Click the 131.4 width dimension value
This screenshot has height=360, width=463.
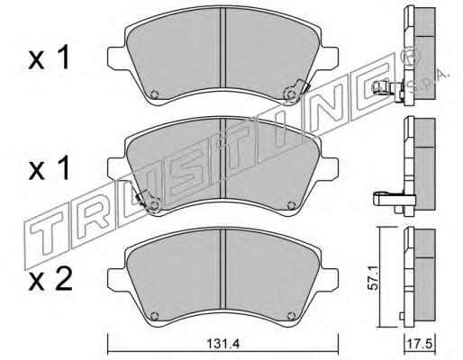pyautogui.click(x=223, y=344)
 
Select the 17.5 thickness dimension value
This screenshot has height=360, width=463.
pyautogui.click(x=419, y=344)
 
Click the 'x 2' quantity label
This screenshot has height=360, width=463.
pyautogui.click(x=50, y=279)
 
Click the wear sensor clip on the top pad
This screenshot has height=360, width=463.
pyautogui.click(x=296, y=90)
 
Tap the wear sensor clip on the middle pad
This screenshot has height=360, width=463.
pyautogui.click(x=148, y=202)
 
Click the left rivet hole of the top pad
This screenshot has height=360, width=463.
pyautogui.click(x=154, y=94)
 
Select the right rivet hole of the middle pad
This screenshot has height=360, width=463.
pyautogui.click(x=291, y=205)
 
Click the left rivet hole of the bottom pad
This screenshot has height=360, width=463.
pyautogui.click(x=154, y=316)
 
